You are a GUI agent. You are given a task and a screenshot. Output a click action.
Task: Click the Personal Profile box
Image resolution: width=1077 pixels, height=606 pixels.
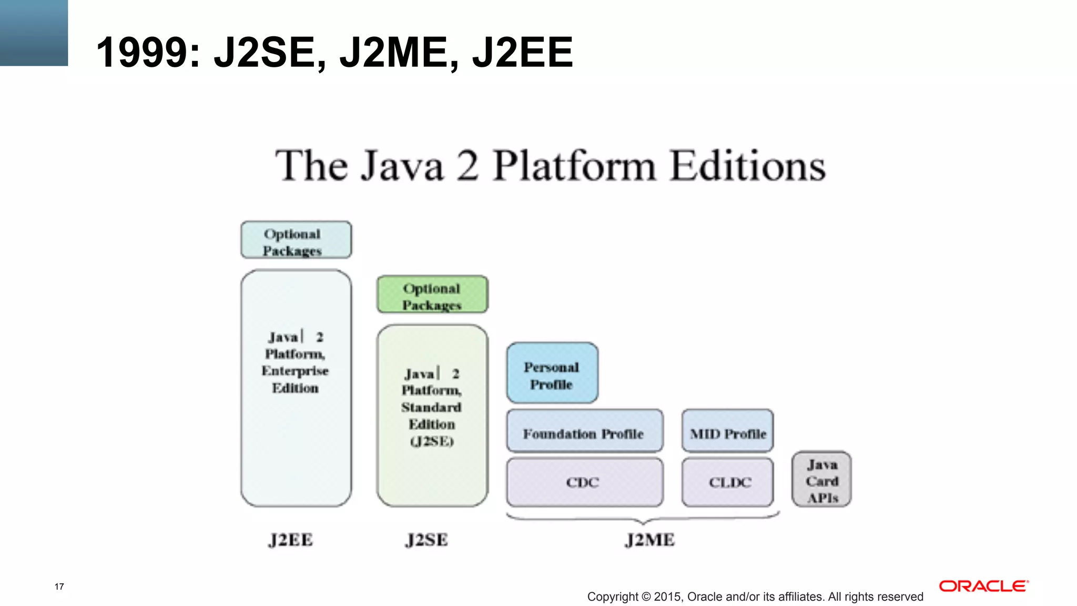(552, 373)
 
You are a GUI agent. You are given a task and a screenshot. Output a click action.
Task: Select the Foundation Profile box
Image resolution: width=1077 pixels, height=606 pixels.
(584, 431)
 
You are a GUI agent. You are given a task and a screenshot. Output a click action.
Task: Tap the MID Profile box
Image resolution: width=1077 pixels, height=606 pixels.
(727, 431)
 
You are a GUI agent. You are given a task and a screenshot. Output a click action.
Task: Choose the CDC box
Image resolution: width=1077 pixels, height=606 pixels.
(584, 482)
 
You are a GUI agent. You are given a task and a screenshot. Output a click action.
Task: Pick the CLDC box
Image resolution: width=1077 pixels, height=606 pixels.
(727, 482)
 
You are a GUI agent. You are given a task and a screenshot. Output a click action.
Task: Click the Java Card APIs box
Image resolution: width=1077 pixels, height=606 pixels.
(821, 479)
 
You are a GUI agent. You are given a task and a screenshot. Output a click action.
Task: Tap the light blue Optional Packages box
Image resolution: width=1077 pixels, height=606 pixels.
(296, 240)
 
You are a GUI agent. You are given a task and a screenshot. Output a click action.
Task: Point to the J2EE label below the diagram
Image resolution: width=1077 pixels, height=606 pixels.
(290, 540)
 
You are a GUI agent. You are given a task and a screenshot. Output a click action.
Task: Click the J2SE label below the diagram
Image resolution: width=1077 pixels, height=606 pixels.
(426, 540)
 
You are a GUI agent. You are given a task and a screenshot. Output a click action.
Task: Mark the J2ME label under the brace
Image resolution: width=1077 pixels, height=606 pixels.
(649, 540)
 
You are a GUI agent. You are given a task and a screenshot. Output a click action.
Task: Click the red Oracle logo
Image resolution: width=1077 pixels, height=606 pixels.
(983, 586)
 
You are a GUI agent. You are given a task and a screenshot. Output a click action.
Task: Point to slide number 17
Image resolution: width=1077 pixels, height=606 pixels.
(59, 587)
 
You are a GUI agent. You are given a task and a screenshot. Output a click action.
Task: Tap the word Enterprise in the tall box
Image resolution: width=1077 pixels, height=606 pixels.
(295, 371)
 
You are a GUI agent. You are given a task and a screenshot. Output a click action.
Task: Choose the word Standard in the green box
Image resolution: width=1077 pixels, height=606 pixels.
(431, 408)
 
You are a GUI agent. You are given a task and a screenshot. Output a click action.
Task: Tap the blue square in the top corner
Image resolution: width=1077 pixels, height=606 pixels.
(34, 33)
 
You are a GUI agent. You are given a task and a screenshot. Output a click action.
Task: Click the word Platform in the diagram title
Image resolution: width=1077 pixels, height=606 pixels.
(575, 166)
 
